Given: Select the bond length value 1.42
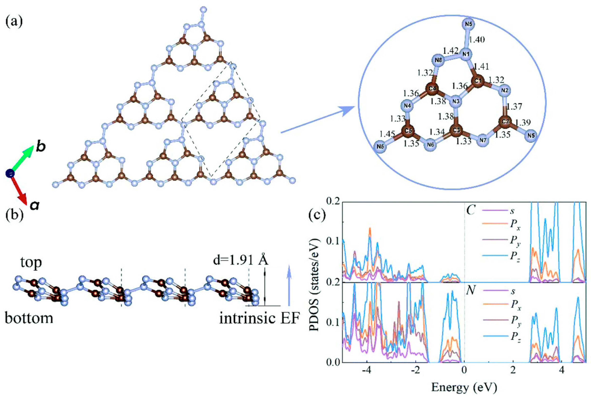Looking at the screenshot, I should tap(451, 50).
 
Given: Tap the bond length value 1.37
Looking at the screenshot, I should tap(514, 106).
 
